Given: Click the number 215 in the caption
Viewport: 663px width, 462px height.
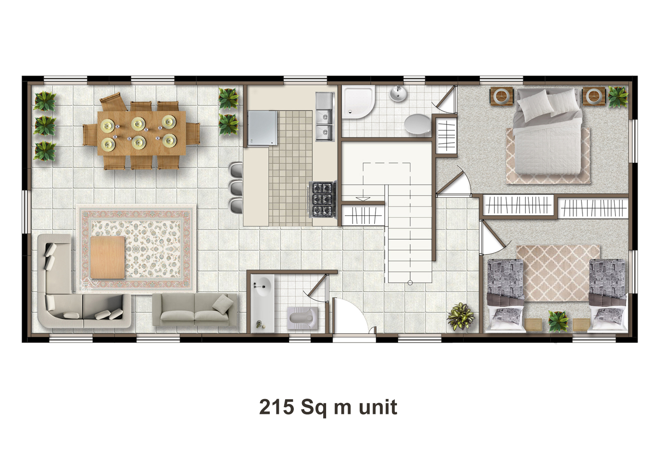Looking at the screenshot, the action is pos(276,407).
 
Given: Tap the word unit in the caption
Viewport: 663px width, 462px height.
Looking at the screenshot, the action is pos(378,407).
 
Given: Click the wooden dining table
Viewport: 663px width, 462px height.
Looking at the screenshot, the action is pos(141,133).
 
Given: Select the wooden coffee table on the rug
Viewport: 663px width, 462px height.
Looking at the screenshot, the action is pos(108,257).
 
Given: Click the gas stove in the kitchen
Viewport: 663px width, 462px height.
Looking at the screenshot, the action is pos(323,200).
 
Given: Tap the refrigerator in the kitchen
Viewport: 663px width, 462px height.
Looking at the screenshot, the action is pos(263,128).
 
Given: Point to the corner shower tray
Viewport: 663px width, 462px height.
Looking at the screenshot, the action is pos(358,102).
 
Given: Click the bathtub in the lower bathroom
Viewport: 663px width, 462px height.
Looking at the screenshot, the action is pos(262,303).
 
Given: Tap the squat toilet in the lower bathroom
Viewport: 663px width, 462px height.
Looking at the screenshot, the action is pos(302,318).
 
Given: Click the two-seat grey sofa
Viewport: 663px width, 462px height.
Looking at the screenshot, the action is pos(195,310).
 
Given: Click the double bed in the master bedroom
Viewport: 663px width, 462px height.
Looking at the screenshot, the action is pos(547,132).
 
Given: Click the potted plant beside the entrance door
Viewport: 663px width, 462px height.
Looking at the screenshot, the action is pos(460,316).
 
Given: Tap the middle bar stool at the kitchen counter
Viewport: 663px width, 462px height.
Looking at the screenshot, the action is pos(236,187).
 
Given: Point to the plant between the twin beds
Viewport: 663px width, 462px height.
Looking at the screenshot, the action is pos(558,321).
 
